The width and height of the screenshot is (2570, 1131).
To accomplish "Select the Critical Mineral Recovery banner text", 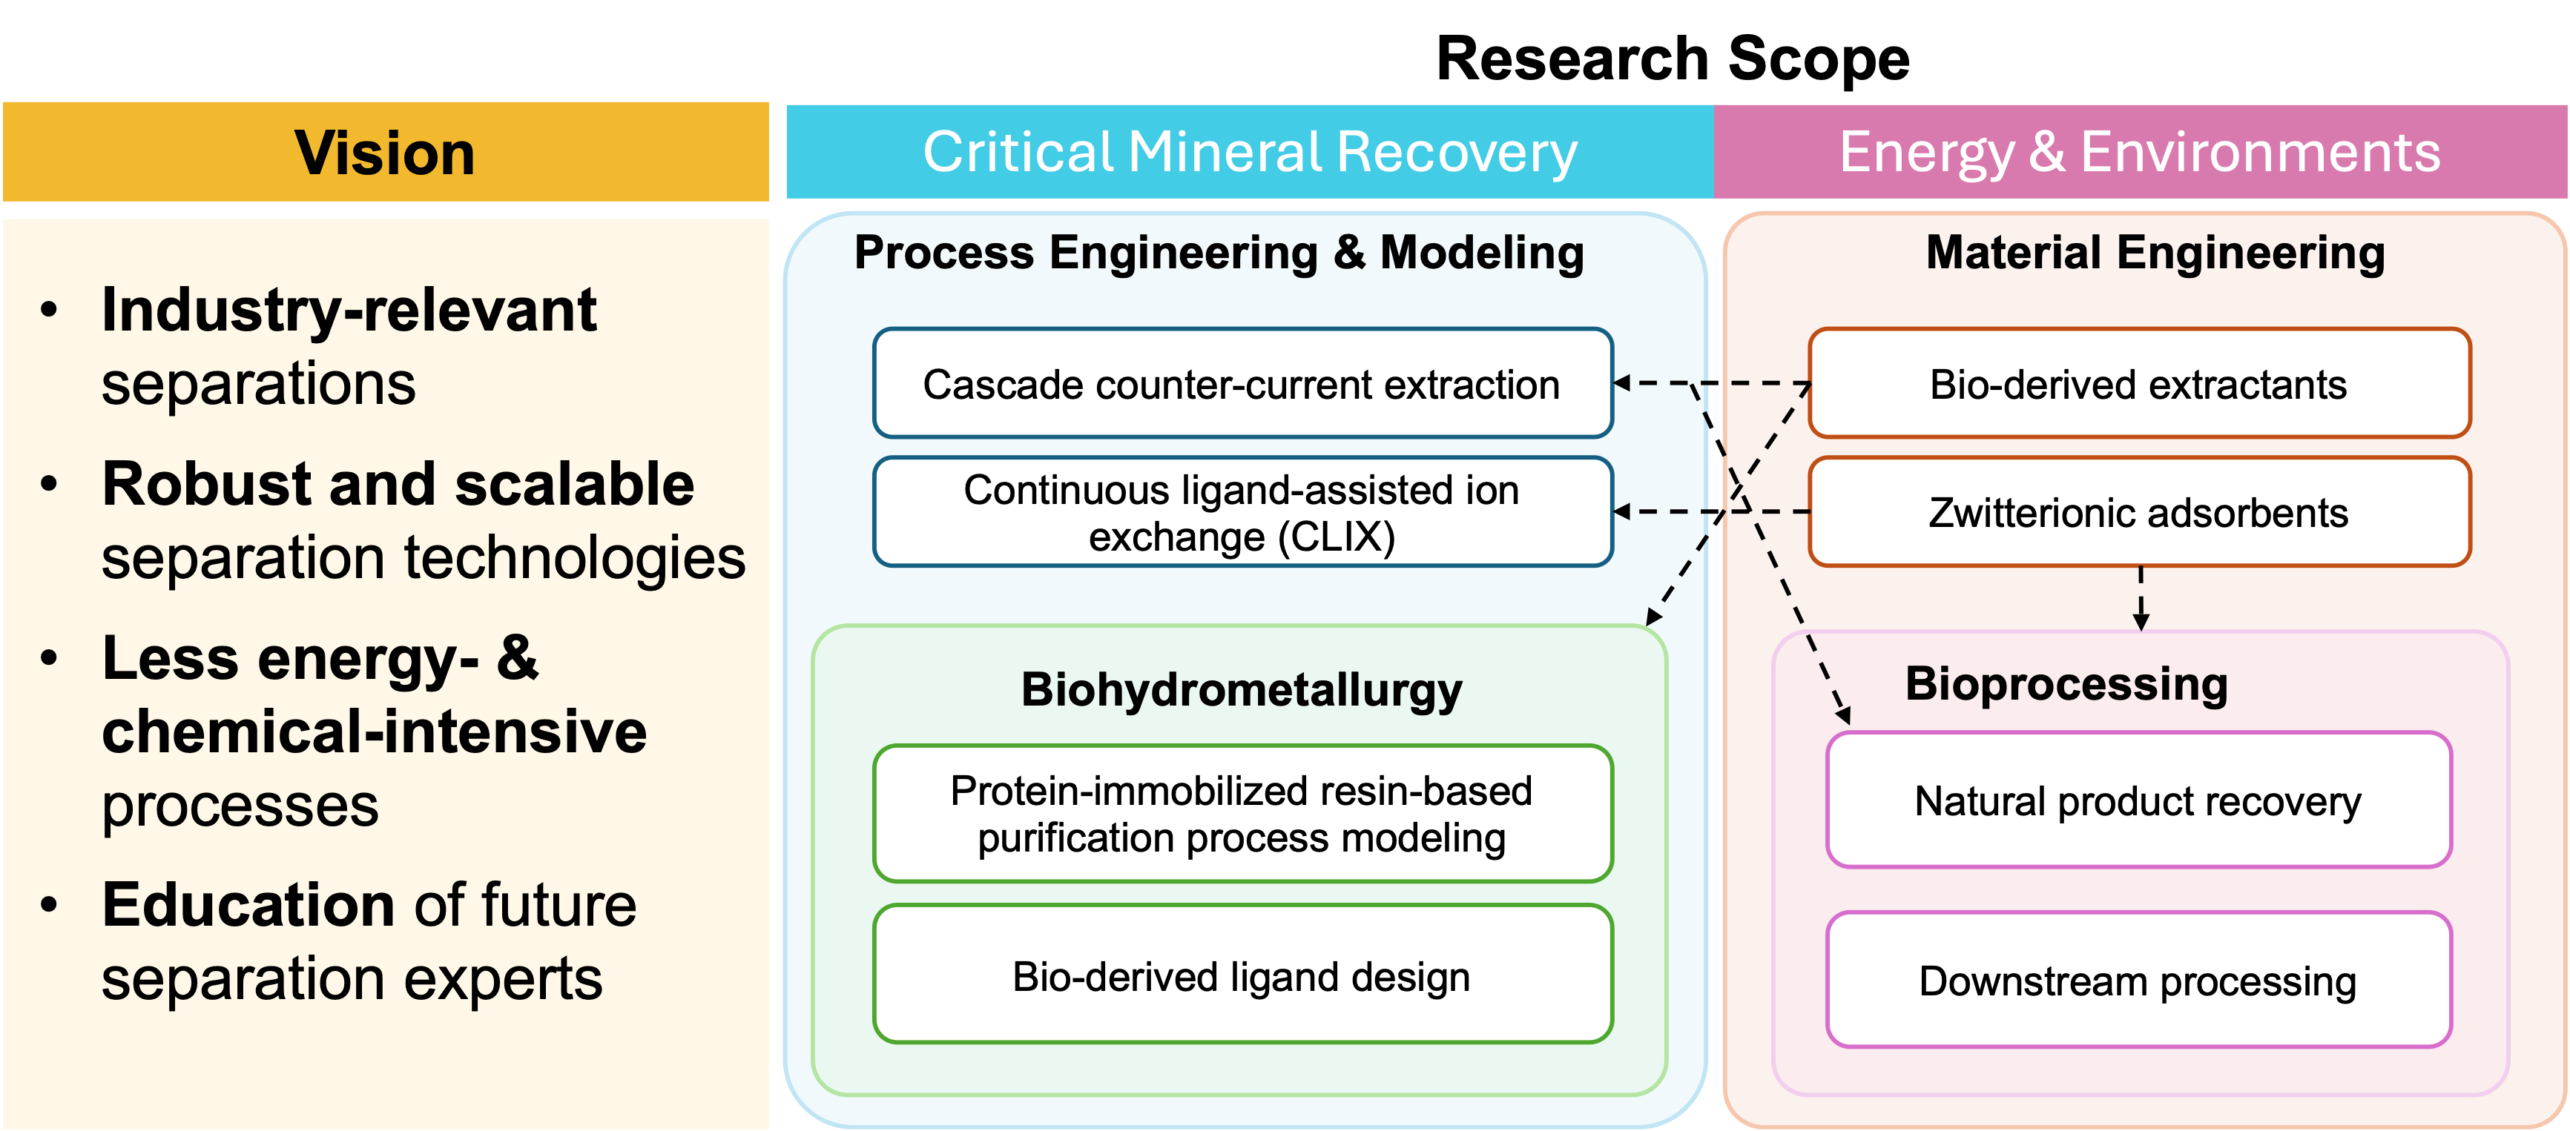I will coord(1249,153).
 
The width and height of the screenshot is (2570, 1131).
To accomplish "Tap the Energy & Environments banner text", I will coord(2139,153).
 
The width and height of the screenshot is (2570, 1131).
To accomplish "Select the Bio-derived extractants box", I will coord(2138,384).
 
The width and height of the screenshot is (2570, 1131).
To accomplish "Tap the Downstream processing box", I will coord(2138,981).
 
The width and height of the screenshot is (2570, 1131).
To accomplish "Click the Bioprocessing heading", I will coord(2066,684).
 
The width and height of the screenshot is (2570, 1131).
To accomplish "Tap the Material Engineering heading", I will coord(2155,252).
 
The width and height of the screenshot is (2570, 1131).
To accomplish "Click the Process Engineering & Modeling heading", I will coord(1219,252).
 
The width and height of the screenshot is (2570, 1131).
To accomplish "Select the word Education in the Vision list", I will coord(249,905).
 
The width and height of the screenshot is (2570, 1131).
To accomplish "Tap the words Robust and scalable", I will coord(397,485).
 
